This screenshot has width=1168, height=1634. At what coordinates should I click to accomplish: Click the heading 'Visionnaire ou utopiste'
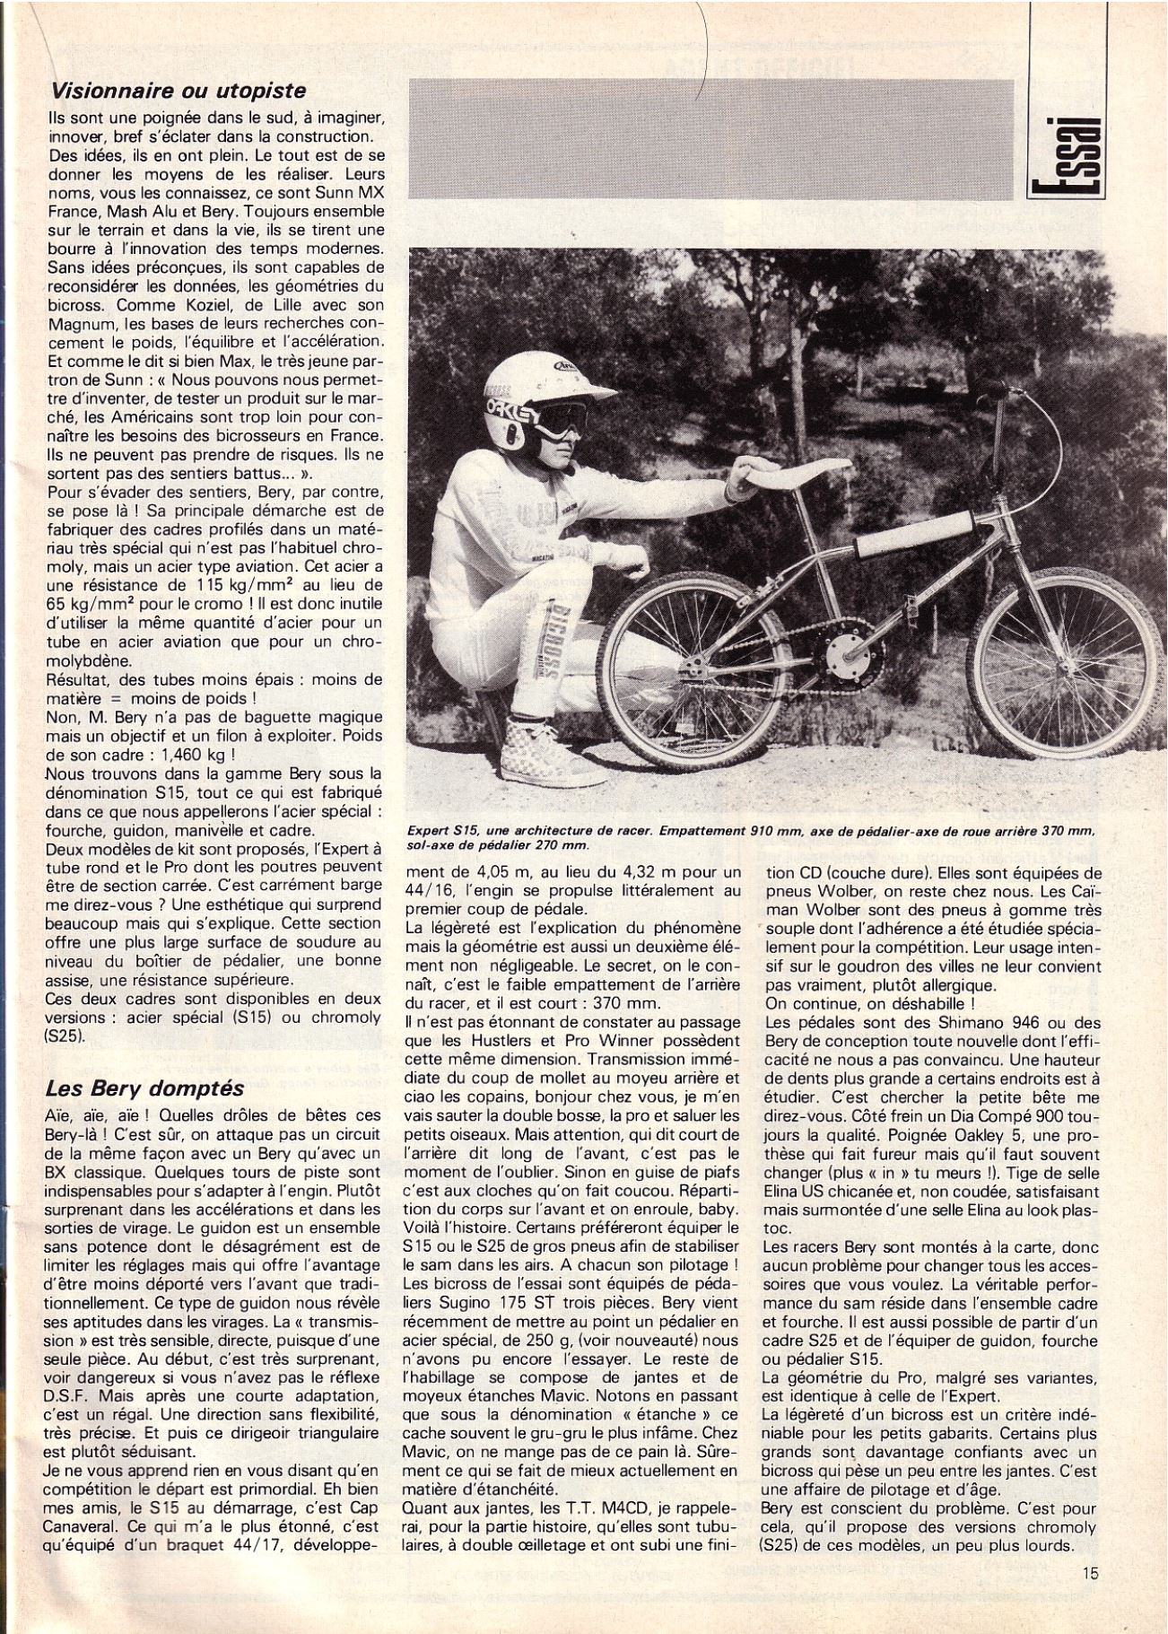pos(179,91)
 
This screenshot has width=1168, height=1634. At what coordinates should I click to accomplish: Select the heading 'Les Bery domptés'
pos(144,1088)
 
